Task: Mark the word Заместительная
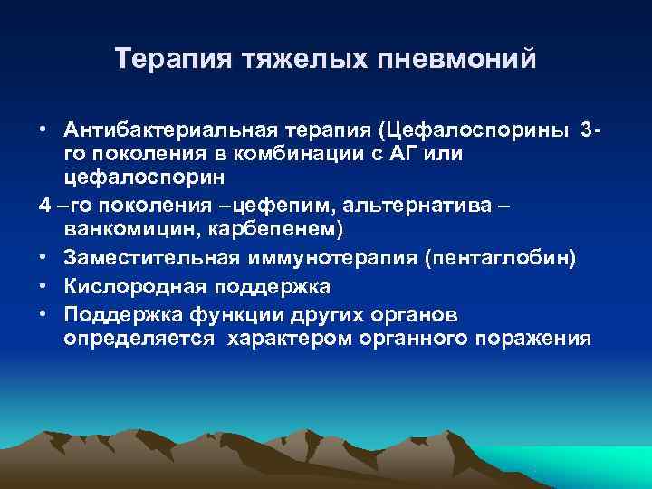pos(152,260)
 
